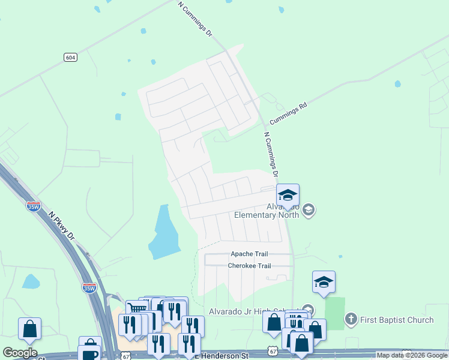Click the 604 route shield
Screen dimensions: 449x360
(70, 57)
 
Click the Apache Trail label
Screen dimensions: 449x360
(247, 254)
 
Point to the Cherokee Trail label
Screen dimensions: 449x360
(249, 266)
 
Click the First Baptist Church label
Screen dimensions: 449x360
(397, 320)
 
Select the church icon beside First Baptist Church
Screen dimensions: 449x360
(351, 319)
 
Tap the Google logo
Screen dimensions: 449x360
(20, 353)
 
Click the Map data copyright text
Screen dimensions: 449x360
(412, 356)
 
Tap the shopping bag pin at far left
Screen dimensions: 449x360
(29, 329)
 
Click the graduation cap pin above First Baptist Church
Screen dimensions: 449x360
(324, 282)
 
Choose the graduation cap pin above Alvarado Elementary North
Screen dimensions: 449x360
(288, 195)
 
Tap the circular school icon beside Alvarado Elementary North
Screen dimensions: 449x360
(309, 209)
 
